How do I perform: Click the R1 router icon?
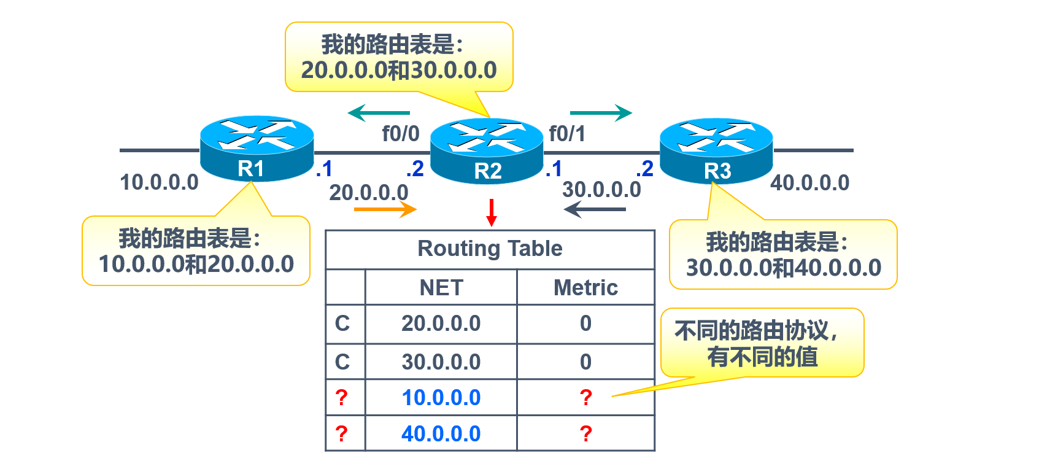pyautogui.click(x=257, y=149)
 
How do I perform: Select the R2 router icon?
pyautogui.click(x=487, y=151)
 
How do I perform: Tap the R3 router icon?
pyautogui.click(x=716, y=151)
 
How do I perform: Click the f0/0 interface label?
pyautogui.click(x=401, y=133)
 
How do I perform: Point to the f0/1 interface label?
pyautogui.click(x=567, y=133)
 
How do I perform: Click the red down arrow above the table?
pyautogui.click(x=491, y=212)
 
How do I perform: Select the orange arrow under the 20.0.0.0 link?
pyautogui.click(x=385, y=209)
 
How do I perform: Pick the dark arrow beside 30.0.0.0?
pyautogui.click(x=595, y=209)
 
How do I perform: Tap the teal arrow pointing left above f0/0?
pyautogui.click(x=379, y=113)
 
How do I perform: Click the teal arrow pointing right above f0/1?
pyautogui.click(x=601, y=113)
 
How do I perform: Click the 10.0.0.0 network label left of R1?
pyautogui.click(x=160, y=182)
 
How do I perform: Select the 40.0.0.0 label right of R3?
pyautogui.click(x=809, y=183)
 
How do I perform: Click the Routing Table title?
pyautogui.click(x=490, y=249)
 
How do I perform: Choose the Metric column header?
pyautogui.click(x=585, y=288)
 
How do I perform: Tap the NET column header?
pyautogui.click(x=441, y=288)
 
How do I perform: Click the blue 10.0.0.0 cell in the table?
pyautogui.click(x=441, y=398)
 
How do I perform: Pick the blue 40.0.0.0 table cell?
pyautogui.click(x=441, y=434)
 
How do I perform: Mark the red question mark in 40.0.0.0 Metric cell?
pyautogui.click(x=585, y=434)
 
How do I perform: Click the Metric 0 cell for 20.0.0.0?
pyautogui.click(x=585, y=324)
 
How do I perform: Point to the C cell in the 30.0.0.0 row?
pyautogui.click(x=342, y=362)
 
